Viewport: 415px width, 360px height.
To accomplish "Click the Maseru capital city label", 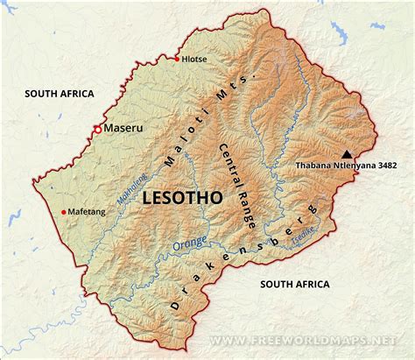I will (123, 128).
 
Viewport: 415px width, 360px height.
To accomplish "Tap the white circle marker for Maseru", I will (97, 129).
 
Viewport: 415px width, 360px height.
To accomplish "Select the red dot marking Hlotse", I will (177, 59).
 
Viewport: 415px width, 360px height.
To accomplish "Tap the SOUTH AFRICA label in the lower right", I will (294, 284).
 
